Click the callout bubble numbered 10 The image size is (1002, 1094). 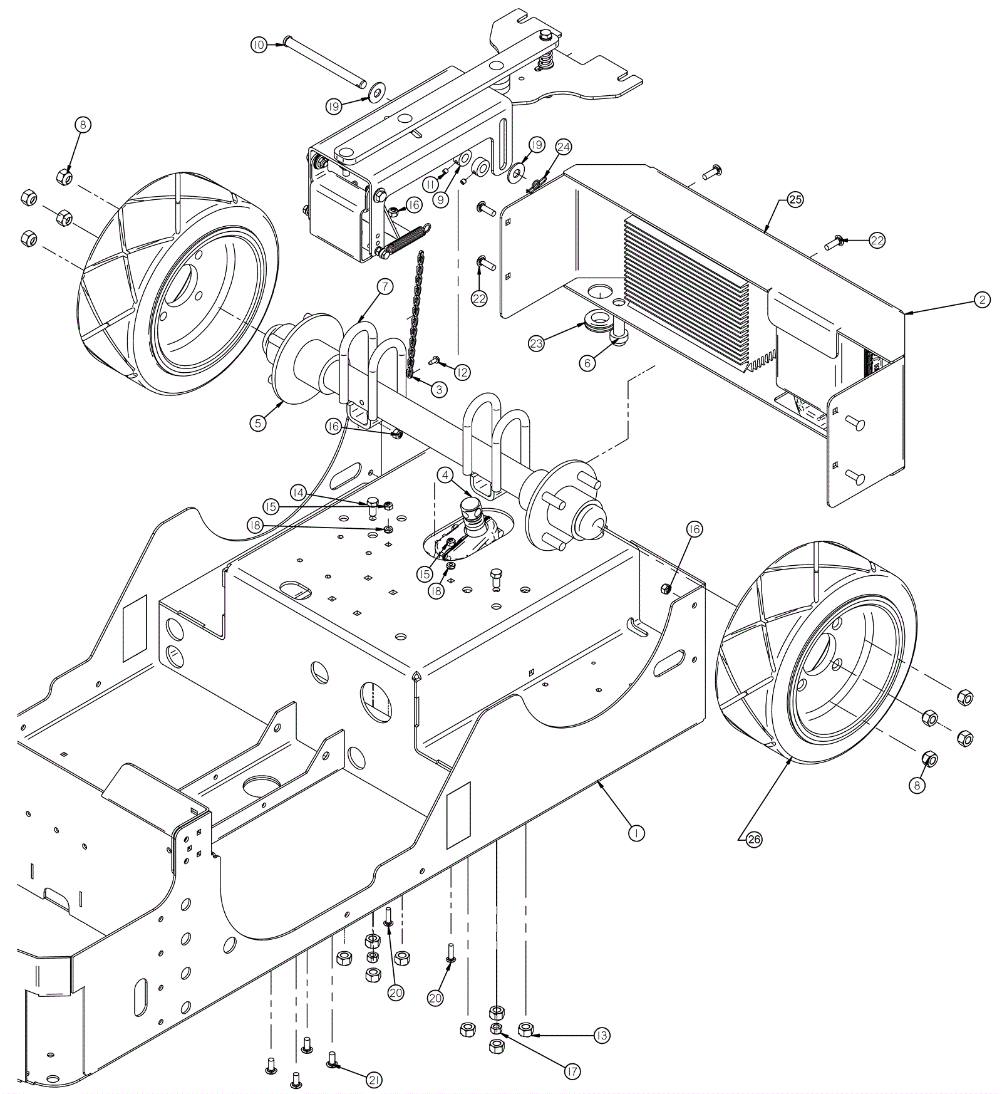(x=259, y=44)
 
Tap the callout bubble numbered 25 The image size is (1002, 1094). (x=795, y=200)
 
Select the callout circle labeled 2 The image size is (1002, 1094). (x=982, y=300)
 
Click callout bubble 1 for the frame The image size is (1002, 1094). (x=636, y=833)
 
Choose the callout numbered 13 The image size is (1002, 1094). (x=601, y=1036)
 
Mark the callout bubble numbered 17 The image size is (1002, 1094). (x=572, y=1072)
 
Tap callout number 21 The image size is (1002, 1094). (x=374, y=1079)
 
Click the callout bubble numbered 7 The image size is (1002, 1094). (x=385, y=287)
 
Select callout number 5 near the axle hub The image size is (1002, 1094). (x=257, y=423)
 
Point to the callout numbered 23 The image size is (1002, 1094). (x=537, y=343)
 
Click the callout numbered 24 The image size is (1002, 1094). (x=563, y=147)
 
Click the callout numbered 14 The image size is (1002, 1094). (x=298, y=492)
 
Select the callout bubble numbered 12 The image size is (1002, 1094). (x=461, y=372)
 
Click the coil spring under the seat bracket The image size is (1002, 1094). (x=404, y=239)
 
